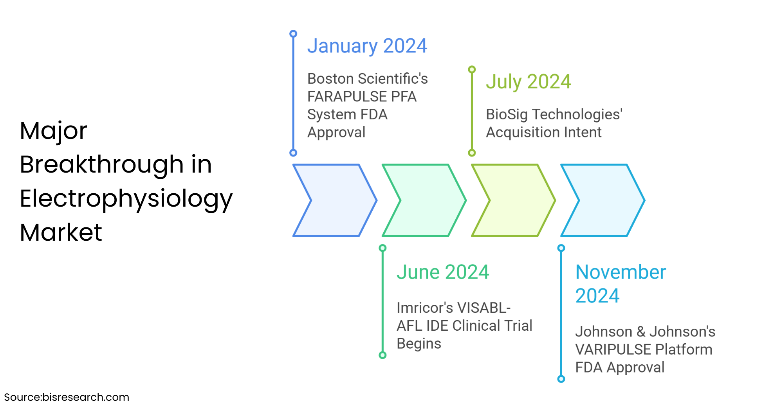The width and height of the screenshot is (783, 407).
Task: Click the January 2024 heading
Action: pos(367,47)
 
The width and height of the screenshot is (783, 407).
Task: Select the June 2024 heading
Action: pos(443,272)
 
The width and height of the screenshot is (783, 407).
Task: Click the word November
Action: pos(621,272)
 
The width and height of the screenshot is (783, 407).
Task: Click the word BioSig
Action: pos(507,115)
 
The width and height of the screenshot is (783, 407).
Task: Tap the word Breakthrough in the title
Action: pos(102,164)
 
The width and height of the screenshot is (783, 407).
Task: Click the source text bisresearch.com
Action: pos(86,397)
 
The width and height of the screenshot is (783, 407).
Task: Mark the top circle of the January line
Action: pos(293,34)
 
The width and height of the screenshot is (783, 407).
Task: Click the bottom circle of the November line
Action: pos(561,379)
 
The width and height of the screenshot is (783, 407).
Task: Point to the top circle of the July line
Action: pos(472,69)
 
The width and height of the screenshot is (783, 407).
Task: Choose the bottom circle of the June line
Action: pos(382,355)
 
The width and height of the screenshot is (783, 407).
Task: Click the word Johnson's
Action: pos(682,332)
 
